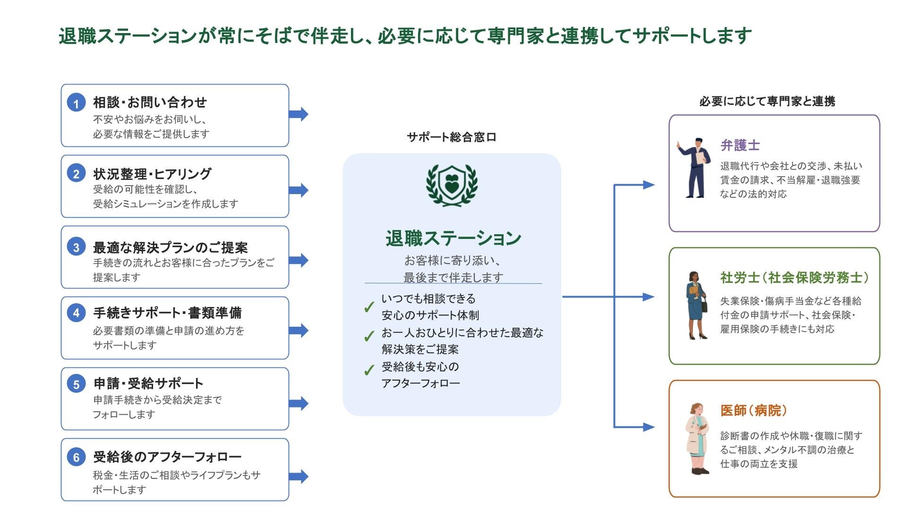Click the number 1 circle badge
pyautogui.click(x=76, y=102)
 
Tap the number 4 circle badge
pyautogui.click(x=76, y=313)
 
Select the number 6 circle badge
pyautogui.click(x=76, y=457)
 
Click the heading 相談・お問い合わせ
pyautogui.click(x=150, y=102)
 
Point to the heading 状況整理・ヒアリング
pyautogui.click(x=152, y=174)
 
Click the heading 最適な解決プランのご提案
pyautogui.click(x=170, y=247)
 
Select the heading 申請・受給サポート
pyautogui.click(x=148, y=383)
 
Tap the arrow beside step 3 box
pyautogui.click(x=299, y=260)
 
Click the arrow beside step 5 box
pyautogui.click(x=299, y=403)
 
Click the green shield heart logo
pyautogui.click(x=452, y=185)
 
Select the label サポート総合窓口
pyautogui.click(x=452, y=137)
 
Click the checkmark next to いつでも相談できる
pyautogui.click(x=369, y=307)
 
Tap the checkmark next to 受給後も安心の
pyautogui.click(x=369, y=370)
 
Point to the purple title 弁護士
pyautogui.click(x=740, y=145)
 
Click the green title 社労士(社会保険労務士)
pyautogui.click(x=794, y=278)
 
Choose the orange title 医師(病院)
pyautogui.click(x=753, y=410)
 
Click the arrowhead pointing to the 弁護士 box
pyautogui.click(x=649, y=185)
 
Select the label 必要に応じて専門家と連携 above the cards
pyautogui.click(x=767, y=102)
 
